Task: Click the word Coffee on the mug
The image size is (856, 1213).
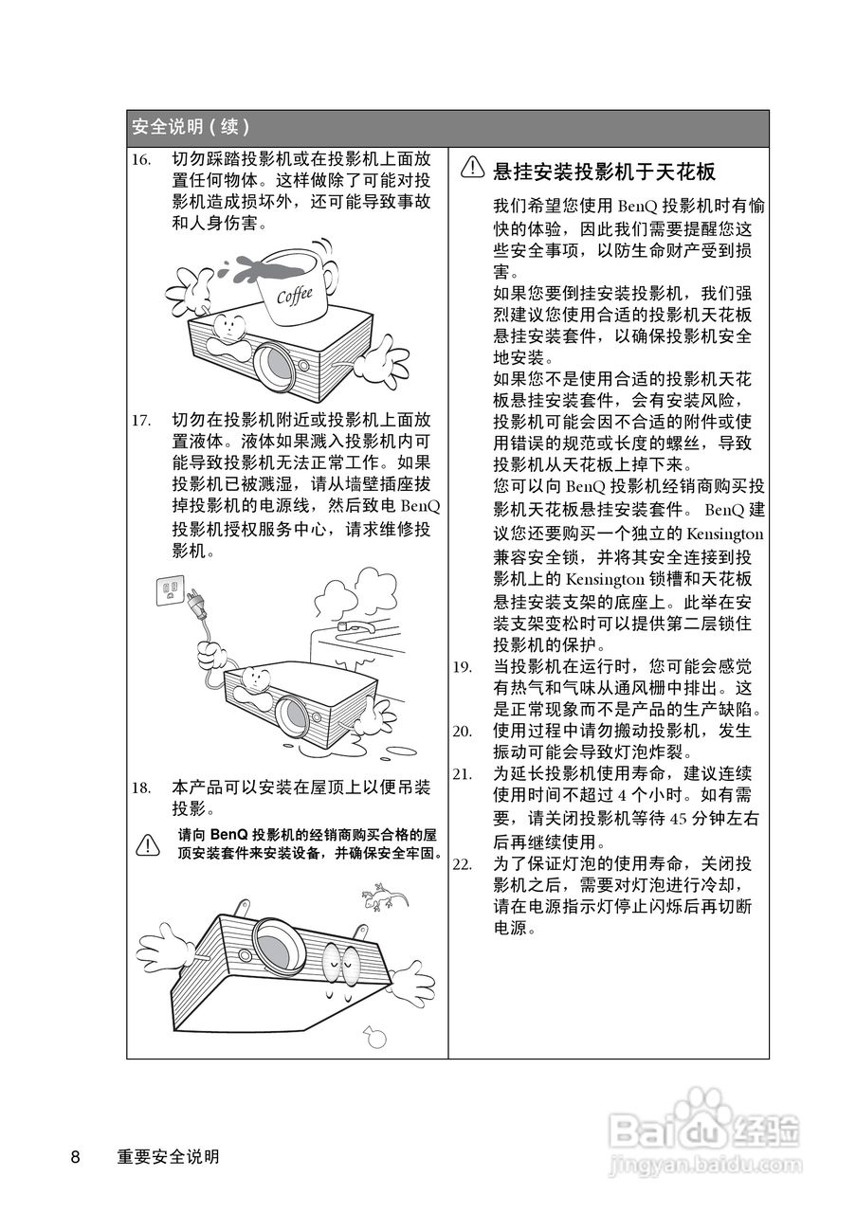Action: tap(294, 296)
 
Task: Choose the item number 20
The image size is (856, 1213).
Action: tap(462, 731)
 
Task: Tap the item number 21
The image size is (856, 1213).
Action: tap(462, 774)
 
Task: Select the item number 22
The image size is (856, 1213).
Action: tap(462, 864)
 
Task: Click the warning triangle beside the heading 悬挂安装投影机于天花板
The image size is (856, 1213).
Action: tap(473, 169)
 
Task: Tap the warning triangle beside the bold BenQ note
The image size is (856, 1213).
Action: tap(147, 843)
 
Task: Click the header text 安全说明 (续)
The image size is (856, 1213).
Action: tap(191, 127)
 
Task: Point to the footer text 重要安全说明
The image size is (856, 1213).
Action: tap(169, 1157)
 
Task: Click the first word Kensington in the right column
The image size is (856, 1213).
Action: tap(724, 534)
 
